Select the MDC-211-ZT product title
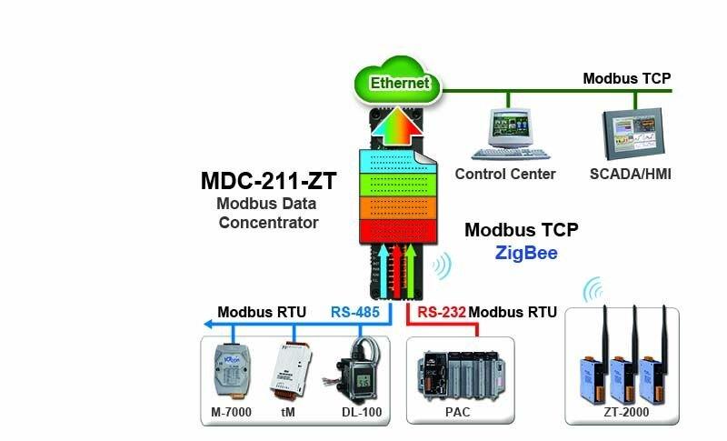pos(269,181)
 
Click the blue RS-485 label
pos(355,312)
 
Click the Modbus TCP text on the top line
pos(626,78)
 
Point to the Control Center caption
pos(503,174)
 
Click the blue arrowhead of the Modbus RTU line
pos(209,323)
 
